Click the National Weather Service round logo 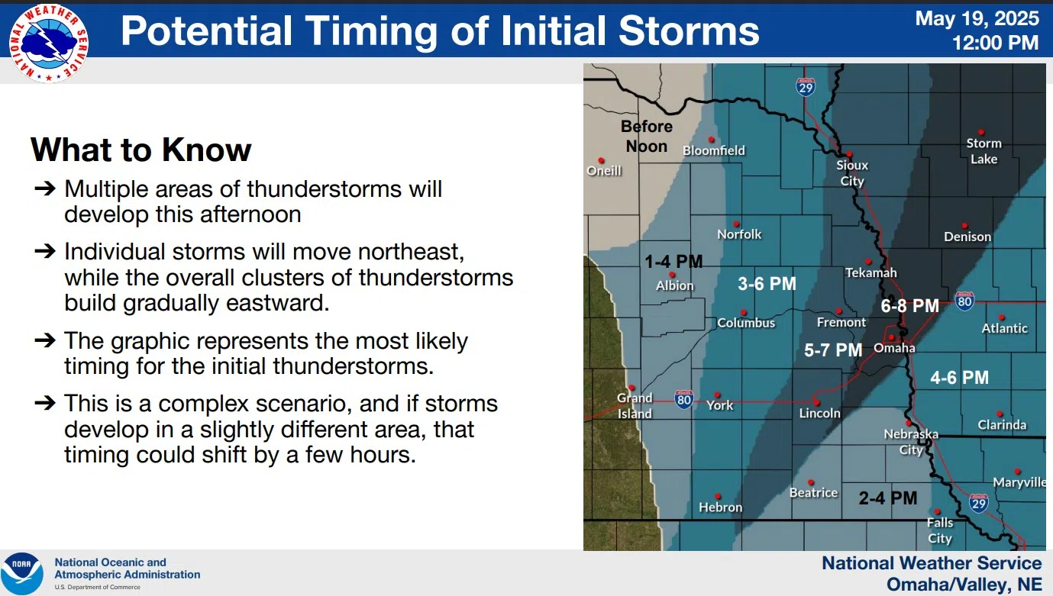(48, 43)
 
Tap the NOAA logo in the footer (21, 573)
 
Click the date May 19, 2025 (977, 19)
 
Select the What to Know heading (141, 150)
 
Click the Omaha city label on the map (894, 348)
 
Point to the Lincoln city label (820, 414)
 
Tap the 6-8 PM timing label (909, 306)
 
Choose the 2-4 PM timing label (887, 498)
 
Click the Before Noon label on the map (646, 136)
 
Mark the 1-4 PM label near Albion (673, 262)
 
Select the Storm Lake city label (984, 151)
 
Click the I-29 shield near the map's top (806, 87)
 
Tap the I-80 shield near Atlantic (964, 301)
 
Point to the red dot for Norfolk (736, 224)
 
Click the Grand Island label (635, 406)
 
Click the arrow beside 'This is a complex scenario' (45, 402)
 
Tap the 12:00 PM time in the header (995, 43)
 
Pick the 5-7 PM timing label (833, 350)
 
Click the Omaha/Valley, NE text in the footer (964, 585)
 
